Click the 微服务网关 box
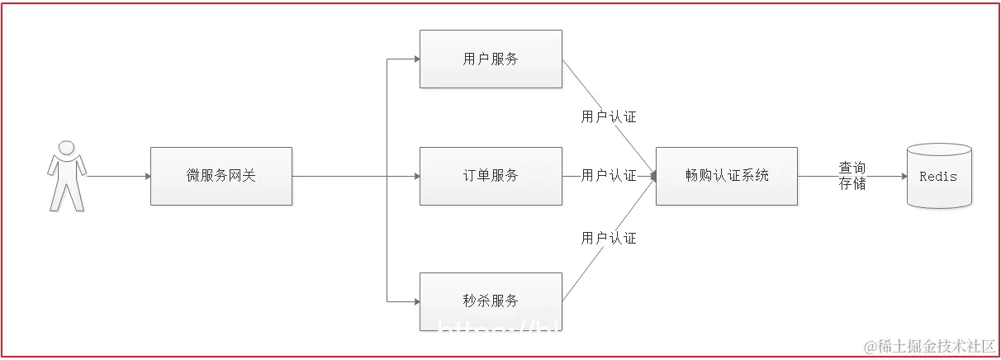tap(221, 176)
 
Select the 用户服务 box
tap(491, 59)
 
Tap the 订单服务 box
tap(491, 176)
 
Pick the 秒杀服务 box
tap(491, 301)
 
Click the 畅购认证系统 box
tap(727, 176)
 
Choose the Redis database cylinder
tap(939, 176)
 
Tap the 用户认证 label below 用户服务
tap(609, 116)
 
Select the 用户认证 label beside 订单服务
tap(609, 176)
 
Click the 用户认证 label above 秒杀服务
tap(609, 238)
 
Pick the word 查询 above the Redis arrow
tap(852, 168)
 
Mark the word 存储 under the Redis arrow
tap(852, 184)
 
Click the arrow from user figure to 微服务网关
tap(117, 176)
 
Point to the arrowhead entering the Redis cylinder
tap(902, 176)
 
